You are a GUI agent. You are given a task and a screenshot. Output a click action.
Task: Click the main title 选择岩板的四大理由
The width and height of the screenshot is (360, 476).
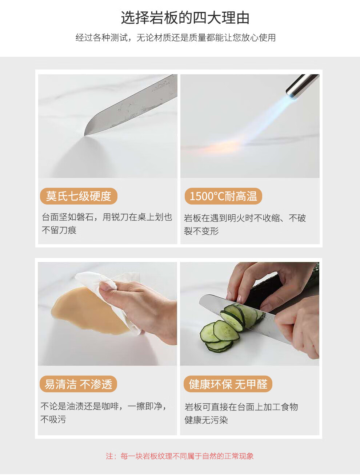point(185,18)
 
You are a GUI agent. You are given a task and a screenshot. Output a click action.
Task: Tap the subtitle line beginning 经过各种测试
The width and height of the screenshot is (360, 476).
point(175,37)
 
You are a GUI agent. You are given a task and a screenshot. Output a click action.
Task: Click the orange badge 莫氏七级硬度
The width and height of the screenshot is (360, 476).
point(79,196)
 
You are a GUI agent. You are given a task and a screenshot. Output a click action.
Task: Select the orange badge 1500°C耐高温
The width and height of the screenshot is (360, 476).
point(223,196)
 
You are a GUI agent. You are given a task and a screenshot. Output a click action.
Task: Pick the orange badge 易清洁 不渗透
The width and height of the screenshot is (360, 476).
point(78,384)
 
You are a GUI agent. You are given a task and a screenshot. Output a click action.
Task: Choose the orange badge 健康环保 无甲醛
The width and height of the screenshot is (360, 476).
point(228,384)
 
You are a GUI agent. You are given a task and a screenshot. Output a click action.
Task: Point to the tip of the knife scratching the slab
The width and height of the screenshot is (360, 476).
point(84,135)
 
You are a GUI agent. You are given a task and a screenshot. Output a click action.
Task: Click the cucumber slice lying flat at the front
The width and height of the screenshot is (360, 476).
point(219,345)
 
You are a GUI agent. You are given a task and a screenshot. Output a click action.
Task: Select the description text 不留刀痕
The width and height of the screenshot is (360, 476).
point(59,230)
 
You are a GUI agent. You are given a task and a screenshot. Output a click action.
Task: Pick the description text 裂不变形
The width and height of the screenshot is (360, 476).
point(201,231)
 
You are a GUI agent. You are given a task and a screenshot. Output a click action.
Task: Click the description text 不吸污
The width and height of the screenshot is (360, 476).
point(53,419)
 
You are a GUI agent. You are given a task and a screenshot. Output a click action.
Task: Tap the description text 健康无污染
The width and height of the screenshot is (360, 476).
point(206,420)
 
